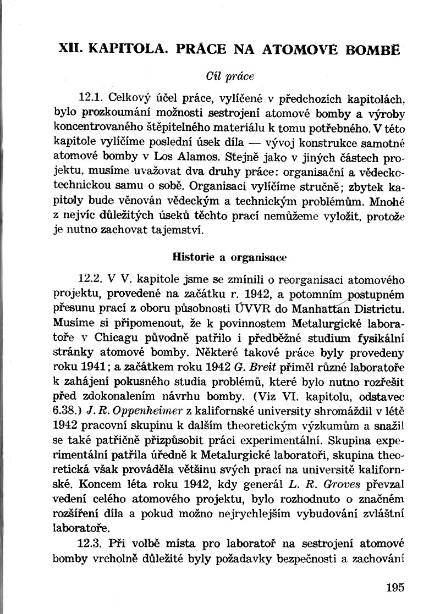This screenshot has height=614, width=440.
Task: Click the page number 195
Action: pyautogui.click(x=395, y=587)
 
